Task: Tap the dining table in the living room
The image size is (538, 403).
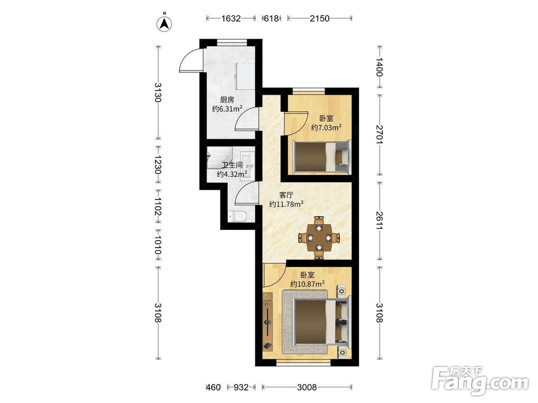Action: click(319, 237)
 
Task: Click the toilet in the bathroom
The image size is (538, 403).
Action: click(237, 216)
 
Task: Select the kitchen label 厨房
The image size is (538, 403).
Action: click(227, 100)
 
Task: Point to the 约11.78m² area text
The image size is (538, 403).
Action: click(286, 204)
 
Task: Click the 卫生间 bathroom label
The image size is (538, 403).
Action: click(232, 165)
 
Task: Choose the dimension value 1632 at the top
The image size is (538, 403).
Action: click(231, 18)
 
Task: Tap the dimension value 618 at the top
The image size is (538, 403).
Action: click(271, 18)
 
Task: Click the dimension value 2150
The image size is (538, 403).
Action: click(320, 18)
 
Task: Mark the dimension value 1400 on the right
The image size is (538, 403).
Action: click(379, 67)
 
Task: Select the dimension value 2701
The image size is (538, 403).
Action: click(379, 134)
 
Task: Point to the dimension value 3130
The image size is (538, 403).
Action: click(158, 92)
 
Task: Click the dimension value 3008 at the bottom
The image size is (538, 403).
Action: click(307, 387)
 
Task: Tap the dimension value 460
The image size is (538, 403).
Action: click(213, 387)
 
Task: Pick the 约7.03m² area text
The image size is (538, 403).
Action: click(326, 128)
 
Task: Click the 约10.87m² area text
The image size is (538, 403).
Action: click(307, 284)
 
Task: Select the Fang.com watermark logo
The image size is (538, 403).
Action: click(480, 382)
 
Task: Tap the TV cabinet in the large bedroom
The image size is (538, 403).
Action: click(267, 321)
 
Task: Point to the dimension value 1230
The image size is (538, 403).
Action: click(158, 165)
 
